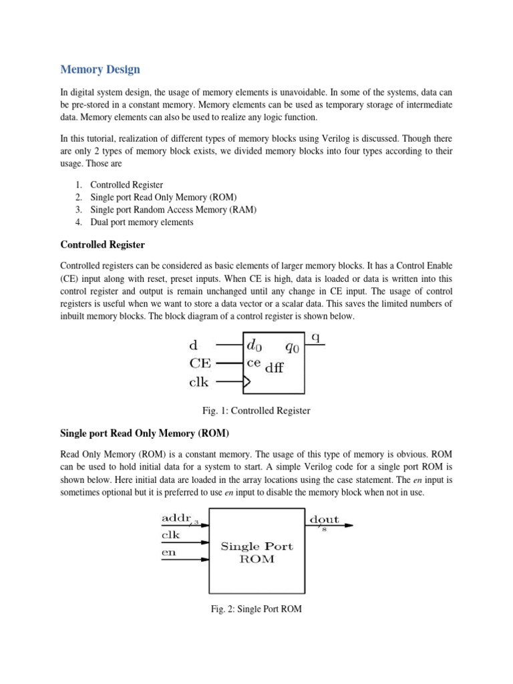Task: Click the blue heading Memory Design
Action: point(100,69)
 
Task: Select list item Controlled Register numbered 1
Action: point(126,184)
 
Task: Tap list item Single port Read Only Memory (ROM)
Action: point(164,197)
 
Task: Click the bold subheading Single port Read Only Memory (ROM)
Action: point(144,434)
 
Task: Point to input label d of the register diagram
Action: point(193,345)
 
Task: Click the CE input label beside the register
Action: point(200,363)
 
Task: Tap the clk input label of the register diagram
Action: point(199,383)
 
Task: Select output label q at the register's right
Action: point(316,337)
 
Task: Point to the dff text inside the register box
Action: point(275,367)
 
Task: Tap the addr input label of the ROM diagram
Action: point(175,518)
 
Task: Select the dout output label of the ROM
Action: point(324,519)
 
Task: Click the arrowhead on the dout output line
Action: point(348,525)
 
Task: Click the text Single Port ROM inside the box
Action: point(256,552)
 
